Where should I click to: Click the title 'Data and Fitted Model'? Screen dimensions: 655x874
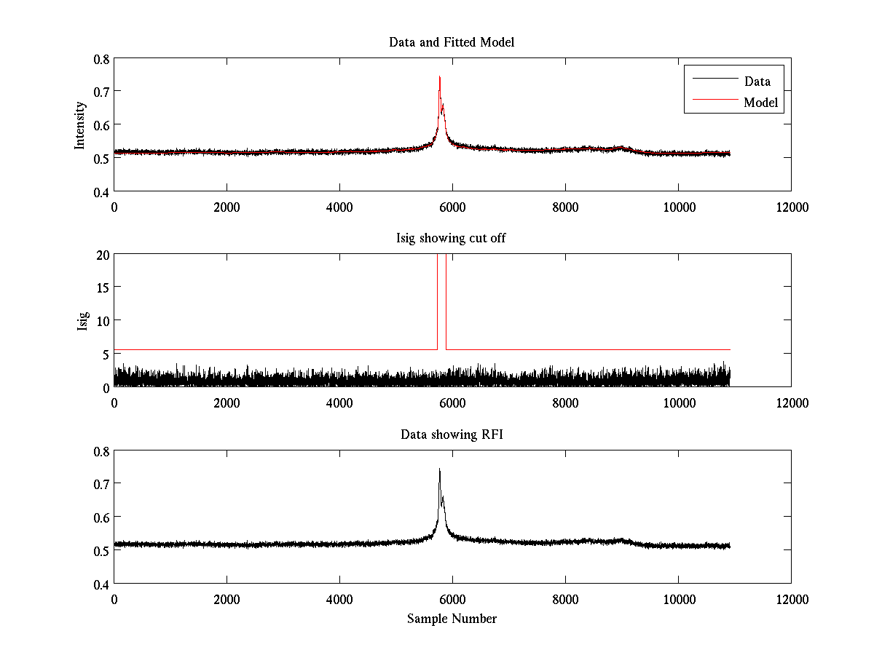tap(452, 42)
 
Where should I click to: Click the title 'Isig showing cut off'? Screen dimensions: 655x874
tap(452, 239)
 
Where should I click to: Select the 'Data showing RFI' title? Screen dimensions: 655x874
tap(452, 434)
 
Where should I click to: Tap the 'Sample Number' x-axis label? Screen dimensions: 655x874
tap(452, 619)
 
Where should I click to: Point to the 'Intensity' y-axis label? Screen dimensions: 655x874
tap(80, 125)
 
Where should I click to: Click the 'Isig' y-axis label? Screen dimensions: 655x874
tap(82, 321)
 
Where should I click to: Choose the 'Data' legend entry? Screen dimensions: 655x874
tap(757, 81)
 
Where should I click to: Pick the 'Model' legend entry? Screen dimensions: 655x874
tap(761, 103)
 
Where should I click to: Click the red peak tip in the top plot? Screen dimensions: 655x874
tap(440, 76)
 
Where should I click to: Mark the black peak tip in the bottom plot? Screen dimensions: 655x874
tap(440, 469)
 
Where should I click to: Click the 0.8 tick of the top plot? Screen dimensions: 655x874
tap(101, 59)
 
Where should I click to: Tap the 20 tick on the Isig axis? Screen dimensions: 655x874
tap(101, 255)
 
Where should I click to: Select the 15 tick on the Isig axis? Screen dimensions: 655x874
tap(101, 287)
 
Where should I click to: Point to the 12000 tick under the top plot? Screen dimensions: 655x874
tap(791, 207)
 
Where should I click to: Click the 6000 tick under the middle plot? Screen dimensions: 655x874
tap(452, 402)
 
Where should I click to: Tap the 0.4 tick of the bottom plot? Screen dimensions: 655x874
tap(101, 584)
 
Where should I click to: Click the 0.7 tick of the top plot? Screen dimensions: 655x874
tap(101, 92)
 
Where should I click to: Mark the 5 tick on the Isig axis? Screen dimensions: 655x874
tap(105, 354)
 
